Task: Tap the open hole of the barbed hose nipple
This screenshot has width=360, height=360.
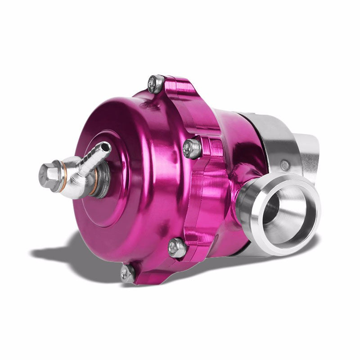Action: [106, 147]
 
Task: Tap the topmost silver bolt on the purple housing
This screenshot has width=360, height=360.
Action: [156, 84]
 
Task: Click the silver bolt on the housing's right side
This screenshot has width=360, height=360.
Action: [193, 148]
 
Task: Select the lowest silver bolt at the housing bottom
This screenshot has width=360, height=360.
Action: [127, 273]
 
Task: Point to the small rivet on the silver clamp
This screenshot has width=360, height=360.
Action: [285, 165]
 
